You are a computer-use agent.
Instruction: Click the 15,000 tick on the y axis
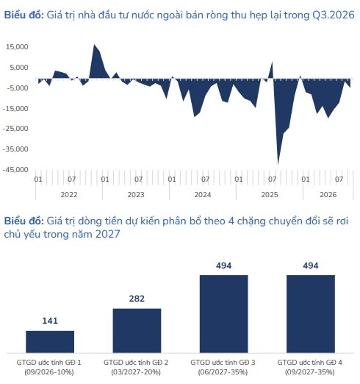(17, 47)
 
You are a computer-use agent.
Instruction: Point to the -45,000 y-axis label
(15, 170)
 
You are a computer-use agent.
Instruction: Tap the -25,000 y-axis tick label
(15, 129)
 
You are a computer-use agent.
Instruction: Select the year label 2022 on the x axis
(69, 195)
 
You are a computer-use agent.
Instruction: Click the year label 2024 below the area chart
(203, 195)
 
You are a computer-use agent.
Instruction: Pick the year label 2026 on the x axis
(328, 195)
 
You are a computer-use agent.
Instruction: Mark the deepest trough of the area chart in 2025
(278, 164)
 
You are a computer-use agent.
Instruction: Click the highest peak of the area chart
(95, 45)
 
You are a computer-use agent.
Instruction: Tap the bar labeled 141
(50, 342)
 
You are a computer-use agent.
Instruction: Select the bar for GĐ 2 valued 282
(137, 331)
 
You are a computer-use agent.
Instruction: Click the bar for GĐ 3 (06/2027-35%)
(224, 314)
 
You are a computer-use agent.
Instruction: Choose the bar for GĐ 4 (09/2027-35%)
(311, 314)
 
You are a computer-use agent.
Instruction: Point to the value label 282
(137, 299)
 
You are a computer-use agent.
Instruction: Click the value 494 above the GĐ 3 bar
(223, 266)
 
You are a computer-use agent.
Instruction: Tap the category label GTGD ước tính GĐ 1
(49, 363)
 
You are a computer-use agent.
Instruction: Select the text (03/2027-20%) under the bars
(136, 372)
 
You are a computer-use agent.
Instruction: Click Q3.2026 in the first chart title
(334, 15)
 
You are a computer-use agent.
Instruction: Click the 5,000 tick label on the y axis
(19, 68)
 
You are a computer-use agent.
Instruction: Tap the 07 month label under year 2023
(139, 179)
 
